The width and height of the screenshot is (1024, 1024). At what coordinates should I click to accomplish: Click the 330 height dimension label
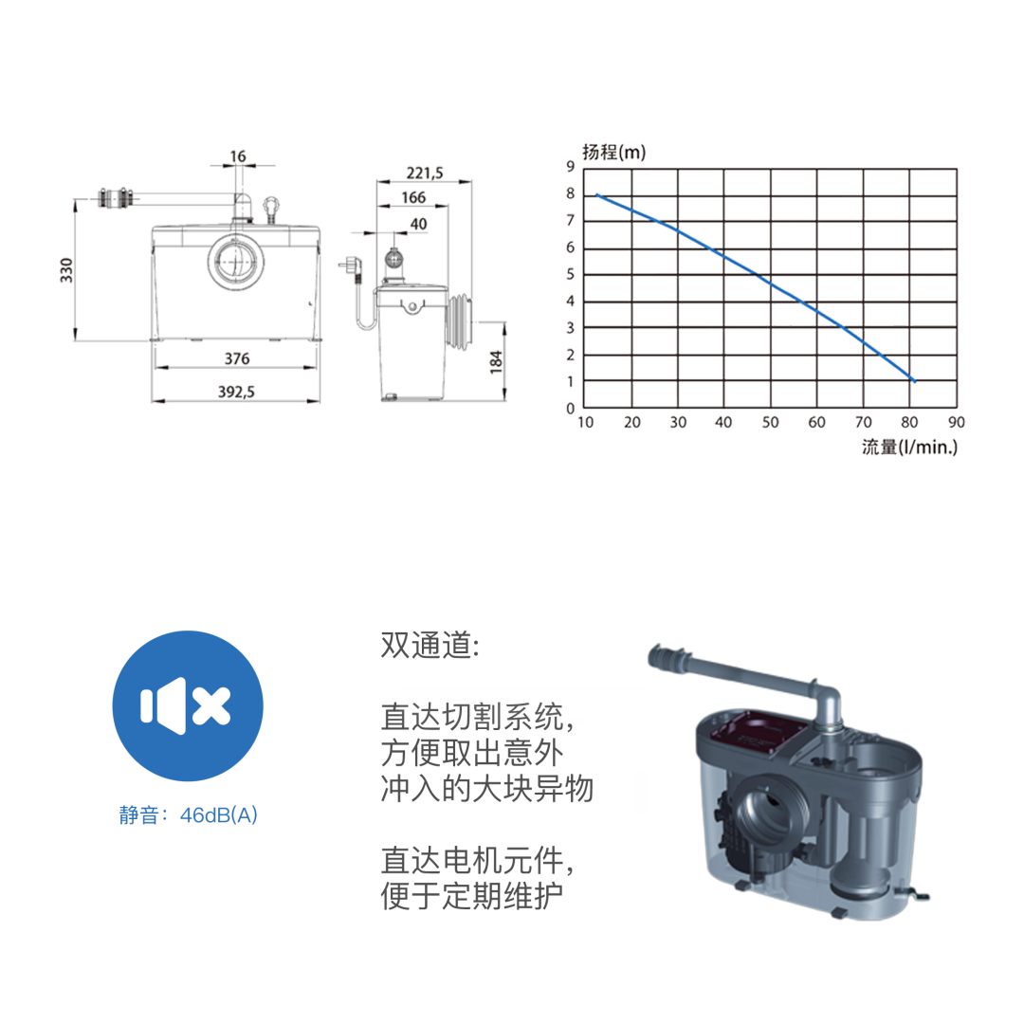click(66, 270)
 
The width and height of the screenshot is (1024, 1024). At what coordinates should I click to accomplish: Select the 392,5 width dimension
click(236, 392)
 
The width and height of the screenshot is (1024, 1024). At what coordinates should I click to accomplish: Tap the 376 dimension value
click(237, 358)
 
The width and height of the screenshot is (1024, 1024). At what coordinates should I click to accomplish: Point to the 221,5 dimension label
click(425, 174)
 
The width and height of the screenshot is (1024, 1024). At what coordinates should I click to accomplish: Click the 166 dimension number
click(413, 197)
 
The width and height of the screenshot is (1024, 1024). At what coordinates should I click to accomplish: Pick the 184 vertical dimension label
click(496, 362)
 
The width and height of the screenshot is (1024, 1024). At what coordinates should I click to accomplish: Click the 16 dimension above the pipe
click(238, 156)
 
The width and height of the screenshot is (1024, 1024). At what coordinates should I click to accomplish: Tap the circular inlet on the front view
click(236, 262)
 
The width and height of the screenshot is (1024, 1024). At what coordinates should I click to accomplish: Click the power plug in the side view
click(352, 267)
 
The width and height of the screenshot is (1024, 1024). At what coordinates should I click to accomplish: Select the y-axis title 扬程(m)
click(613, 152)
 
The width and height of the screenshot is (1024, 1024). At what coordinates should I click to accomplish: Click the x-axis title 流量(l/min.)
click(909, 448)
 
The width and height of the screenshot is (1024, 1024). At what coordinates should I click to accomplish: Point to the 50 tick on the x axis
click(771, 423)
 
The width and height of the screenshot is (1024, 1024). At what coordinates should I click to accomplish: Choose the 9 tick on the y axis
click(570, 167)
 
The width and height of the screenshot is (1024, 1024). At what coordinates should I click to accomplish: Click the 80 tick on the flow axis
click(909, 423)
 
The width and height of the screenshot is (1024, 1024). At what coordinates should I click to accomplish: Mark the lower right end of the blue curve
click(914, 381)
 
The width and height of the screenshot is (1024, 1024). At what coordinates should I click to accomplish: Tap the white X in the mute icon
click(210, 706)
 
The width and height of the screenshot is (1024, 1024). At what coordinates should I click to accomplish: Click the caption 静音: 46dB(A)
click(188, 815)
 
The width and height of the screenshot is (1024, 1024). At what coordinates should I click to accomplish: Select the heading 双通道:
click(430, 646)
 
